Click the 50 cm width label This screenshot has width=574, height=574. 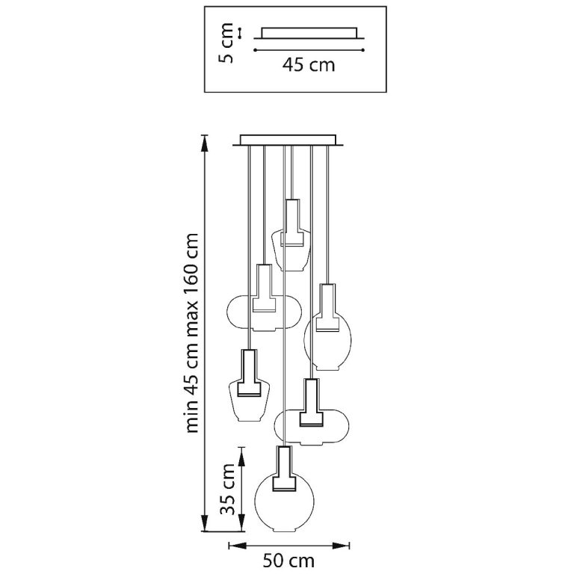[288, 561]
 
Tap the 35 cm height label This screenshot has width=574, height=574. [227, 489]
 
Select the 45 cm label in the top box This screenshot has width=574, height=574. [309, 65]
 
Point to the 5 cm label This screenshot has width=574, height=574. [226, 43]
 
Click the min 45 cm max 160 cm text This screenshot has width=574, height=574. [192, 333]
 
